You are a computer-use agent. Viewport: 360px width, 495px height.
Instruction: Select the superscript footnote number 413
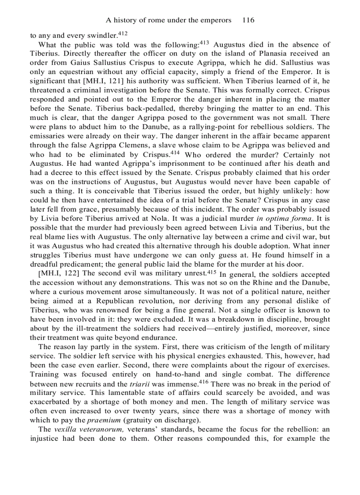coord(204,42)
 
